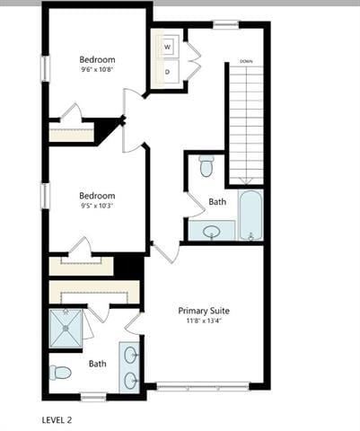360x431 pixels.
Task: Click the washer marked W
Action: [168, 48]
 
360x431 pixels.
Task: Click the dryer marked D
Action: [168, 72]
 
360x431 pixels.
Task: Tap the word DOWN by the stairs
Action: [245, 61]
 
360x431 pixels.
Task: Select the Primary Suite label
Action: [204, 309]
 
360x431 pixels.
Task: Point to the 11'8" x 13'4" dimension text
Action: [204, 321]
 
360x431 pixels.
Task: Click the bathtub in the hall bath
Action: [250, 215]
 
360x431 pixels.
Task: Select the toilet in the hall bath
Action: [206, 166]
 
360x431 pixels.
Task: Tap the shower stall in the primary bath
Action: [68, 328]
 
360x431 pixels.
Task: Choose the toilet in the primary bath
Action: [60, 372]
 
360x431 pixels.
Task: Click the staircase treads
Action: [245, 121]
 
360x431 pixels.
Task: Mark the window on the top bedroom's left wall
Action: [45, 69]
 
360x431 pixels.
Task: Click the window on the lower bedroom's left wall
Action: [45, 196]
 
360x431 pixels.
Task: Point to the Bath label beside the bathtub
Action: [217, 202]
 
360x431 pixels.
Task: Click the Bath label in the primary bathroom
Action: [97, 364]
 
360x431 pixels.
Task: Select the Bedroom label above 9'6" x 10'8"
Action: [97, 59]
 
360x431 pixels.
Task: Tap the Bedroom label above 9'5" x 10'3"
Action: [97, 195]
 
